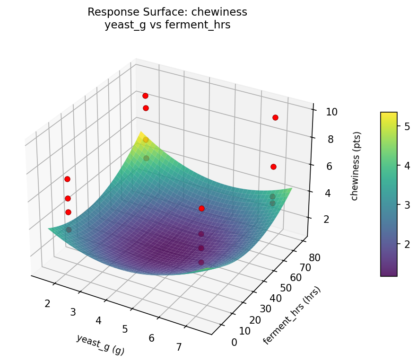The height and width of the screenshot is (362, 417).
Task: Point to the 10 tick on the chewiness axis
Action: pyautogui.click(x=331, y=112)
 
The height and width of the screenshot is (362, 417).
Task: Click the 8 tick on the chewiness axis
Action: pyautogui.click(x=331, y=139)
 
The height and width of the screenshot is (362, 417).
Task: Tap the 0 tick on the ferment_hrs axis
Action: pyautogui.click(x=235, y=342)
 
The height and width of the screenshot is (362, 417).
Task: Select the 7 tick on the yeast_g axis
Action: pyautogui.click(x=179, y=347)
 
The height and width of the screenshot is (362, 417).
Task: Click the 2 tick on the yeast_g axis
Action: pyautogui.click(x=47, y=303)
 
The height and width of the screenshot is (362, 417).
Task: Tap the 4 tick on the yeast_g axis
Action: pyautogui.click(x=98, y=320)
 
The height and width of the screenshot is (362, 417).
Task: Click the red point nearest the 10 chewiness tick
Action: pyautogui.click(x=275, y=117)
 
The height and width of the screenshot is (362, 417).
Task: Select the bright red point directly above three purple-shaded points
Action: pyautogui.click(x=201, y=208)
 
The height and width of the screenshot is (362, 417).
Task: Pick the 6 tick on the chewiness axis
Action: pyautogui.click(x=331, y=166)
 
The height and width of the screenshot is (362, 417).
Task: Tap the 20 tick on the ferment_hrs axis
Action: pyautogui.click(x=254, y=320)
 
